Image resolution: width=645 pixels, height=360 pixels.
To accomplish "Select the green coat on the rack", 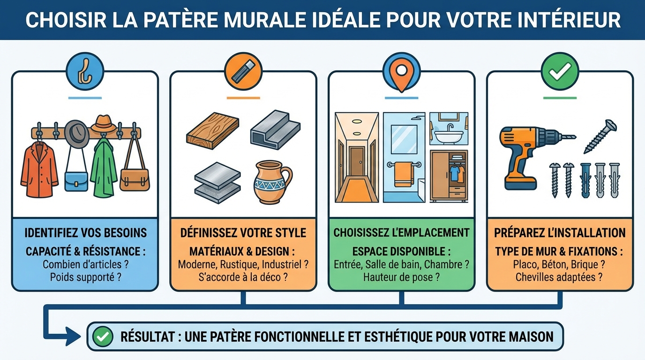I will tap(103, 169).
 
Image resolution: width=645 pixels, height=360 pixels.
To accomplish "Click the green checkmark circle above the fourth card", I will tap(560, 71).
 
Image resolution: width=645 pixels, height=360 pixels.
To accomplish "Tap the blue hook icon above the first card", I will tap(85, 71).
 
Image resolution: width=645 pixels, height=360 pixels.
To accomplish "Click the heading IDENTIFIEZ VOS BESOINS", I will tap(85, 232).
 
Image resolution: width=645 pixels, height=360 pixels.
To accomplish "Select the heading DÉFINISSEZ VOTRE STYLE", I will tap(243, 232).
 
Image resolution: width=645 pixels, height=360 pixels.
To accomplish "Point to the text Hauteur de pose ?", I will tap(401, 277).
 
